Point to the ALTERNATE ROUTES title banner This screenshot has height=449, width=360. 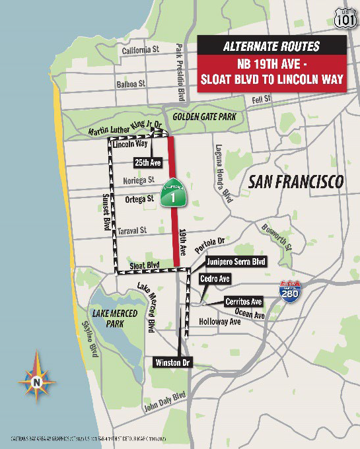(x=271, y=46)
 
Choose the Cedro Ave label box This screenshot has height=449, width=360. (x=214, y=279)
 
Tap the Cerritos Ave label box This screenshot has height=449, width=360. (x=243, y=302)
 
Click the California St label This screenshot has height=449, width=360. (x=141, y=50)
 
